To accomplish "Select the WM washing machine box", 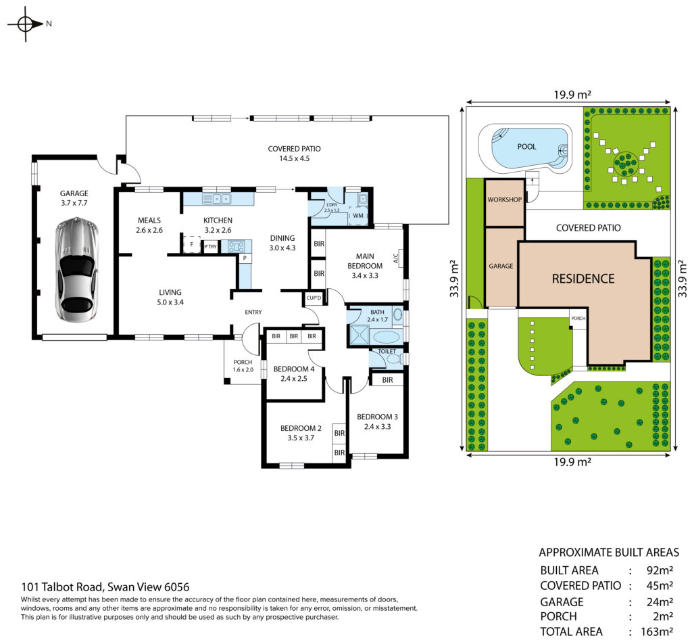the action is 358,216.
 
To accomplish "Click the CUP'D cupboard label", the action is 314,298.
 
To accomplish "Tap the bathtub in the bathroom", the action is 388,338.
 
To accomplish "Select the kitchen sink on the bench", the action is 217,199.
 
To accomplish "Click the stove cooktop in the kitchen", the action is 236,246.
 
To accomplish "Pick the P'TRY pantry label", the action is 211,246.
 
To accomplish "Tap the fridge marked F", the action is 192,244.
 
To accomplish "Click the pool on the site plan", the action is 526,147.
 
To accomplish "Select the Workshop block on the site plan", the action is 504,203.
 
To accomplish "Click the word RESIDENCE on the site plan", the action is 583,279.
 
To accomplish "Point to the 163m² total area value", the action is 656,632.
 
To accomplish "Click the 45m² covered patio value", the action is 660,586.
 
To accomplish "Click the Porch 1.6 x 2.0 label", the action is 243,366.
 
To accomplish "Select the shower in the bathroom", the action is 360,334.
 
